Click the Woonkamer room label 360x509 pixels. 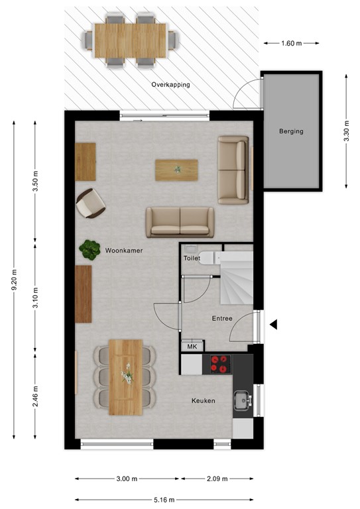coord(124,251)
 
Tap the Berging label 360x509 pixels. coord(290,131)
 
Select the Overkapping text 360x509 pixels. coord(170,85)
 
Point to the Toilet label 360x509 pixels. coord(192,258)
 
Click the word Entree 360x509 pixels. coord(222,318)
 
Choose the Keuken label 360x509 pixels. coord(204,401)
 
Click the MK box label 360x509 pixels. coord(192,347)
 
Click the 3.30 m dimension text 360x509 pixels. coord(347,132)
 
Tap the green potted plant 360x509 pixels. coord(89,249)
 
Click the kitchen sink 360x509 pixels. coord(242,399)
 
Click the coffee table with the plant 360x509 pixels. coord(177,170)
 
